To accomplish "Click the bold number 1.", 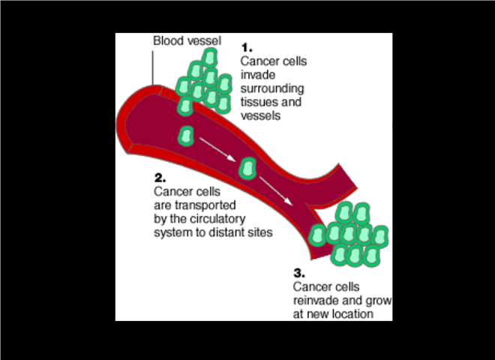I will click(x=246, y=46).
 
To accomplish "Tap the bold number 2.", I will click(x=159, y=178).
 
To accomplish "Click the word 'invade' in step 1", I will click(x=256, y=75).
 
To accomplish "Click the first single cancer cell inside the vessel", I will click(x=186, y=136).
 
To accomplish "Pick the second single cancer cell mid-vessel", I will click(x=247, y=169).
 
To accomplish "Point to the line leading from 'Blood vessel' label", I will click(x=152, y=67).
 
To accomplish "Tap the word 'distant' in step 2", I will click(x=232, y=232).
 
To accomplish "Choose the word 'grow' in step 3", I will click(x=357, y=301).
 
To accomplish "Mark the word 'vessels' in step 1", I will click(x=260, y=115).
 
